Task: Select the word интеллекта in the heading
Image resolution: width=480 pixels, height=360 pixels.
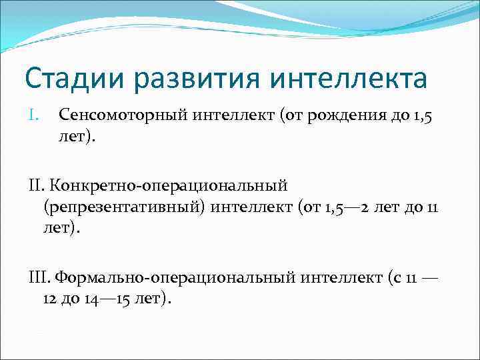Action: tap(349, 79)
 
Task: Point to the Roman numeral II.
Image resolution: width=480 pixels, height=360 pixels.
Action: tap(32, 182)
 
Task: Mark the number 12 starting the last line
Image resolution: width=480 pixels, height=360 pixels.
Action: tap(49, 299)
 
